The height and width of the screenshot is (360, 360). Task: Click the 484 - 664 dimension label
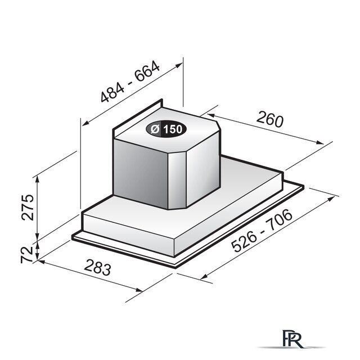pos(130,81)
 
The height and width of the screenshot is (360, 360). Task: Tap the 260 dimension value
pos(270,119)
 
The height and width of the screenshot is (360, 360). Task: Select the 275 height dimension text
pos(28,208)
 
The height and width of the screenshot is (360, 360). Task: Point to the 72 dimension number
pos(27,254)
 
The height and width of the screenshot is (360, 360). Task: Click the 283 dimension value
pos(97,267)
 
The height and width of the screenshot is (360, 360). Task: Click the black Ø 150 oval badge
pos(166,129)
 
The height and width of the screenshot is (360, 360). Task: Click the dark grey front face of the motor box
pos(141,173)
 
